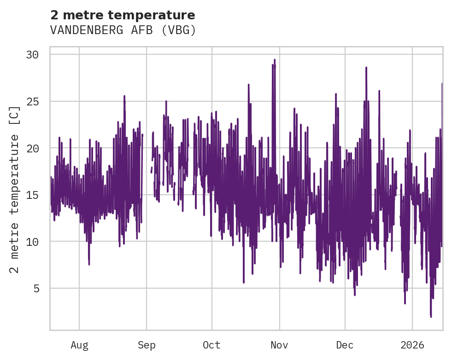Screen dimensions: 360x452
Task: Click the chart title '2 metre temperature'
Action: pyautogui.click(x=123, y=15)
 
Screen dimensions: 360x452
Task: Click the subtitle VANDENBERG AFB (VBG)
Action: pyautogui.click(x=123, y=30)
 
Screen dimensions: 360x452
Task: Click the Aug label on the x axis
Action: pyautogui.click(x=79, y=345)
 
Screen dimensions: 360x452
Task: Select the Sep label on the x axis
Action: pyautogui.click(x=147, y=345)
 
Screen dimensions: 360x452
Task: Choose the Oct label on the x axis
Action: pyautogui.click(x=211, y=345)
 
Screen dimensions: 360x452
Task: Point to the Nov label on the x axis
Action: pyautogui.click(x=279, y=345)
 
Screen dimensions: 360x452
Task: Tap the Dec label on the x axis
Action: pyautogui.click(x=345, y=345)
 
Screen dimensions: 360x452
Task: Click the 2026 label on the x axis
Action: pyautogui.click(x=412, y=345)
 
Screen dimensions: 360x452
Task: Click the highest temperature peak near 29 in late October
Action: pyautogui.click(x=275, y=60)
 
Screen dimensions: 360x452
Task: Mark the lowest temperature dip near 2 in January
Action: pyautogui.click(x=431, y=316)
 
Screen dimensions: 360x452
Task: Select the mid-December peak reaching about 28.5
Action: pyautogui.click(x=366, y=68)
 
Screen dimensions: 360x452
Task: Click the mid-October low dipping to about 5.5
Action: pyautogui.click(x=244, y=282)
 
